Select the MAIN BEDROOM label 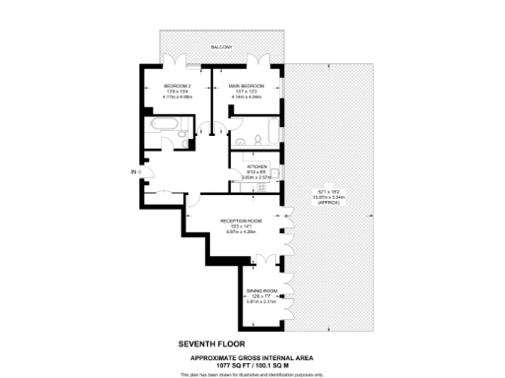[247, 86]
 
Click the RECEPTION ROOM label [241, 220]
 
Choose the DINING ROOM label [261, 290]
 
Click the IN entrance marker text [134, 173]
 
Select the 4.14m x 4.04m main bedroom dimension [247, 97]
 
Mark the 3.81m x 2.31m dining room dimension [261, 302]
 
